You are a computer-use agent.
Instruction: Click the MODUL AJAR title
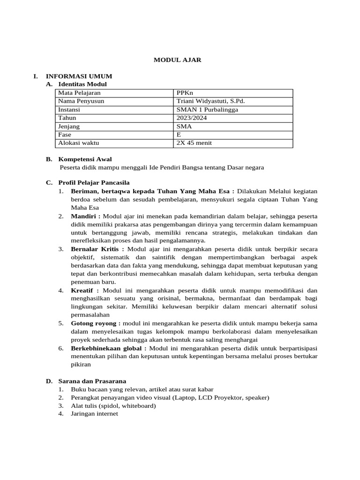[178, 60]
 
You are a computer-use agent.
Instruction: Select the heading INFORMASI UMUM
[78, 76]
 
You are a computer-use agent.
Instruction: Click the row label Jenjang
[68, 127]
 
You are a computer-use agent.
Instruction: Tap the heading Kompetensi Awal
[85, 159]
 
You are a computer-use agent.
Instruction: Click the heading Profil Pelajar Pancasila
[94, 182]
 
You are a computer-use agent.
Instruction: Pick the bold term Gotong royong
[95, 323]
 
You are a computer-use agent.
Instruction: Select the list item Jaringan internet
[94, 414]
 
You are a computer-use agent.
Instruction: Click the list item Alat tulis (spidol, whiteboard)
[113, 406]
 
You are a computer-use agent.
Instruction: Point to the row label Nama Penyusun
[81, 101]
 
